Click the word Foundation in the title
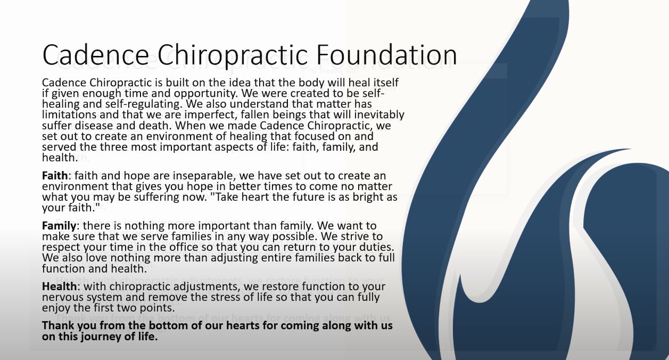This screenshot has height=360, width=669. pos(386,55)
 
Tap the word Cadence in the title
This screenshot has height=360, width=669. pos(96,55)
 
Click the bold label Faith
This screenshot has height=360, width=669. pos(55,175)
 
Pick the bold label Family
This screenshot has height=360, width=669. pos(59,226)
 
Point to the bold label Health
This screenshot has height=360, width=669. pos(60,286)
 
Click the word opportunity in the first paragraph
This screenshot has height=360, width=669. pos(205,94)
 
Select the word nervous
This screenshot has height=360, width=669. pos(60,298)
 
